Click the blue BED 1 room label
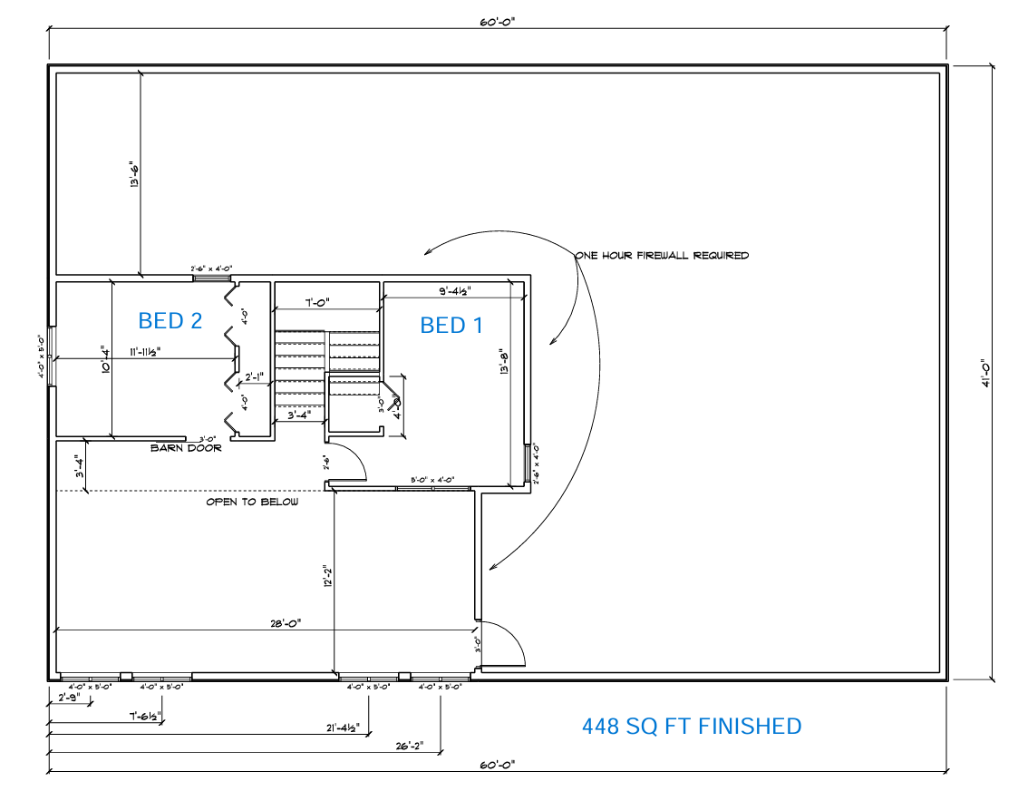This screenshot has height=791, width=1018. coord(451,325)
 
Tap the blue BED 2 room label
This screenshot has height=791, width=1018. coord(170,320)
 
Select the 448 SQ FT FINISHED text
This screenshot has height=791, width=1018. coord(691,726)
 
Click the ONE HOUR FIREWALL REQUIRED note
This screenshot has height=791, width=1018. coord(662,256)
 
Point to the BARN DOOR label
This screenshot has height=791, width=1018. coord(186,447)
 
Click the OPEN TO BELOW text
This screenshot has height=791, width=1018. coord(252,502)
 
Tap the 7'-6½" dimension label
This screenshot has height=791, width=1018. coord(145,716)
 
